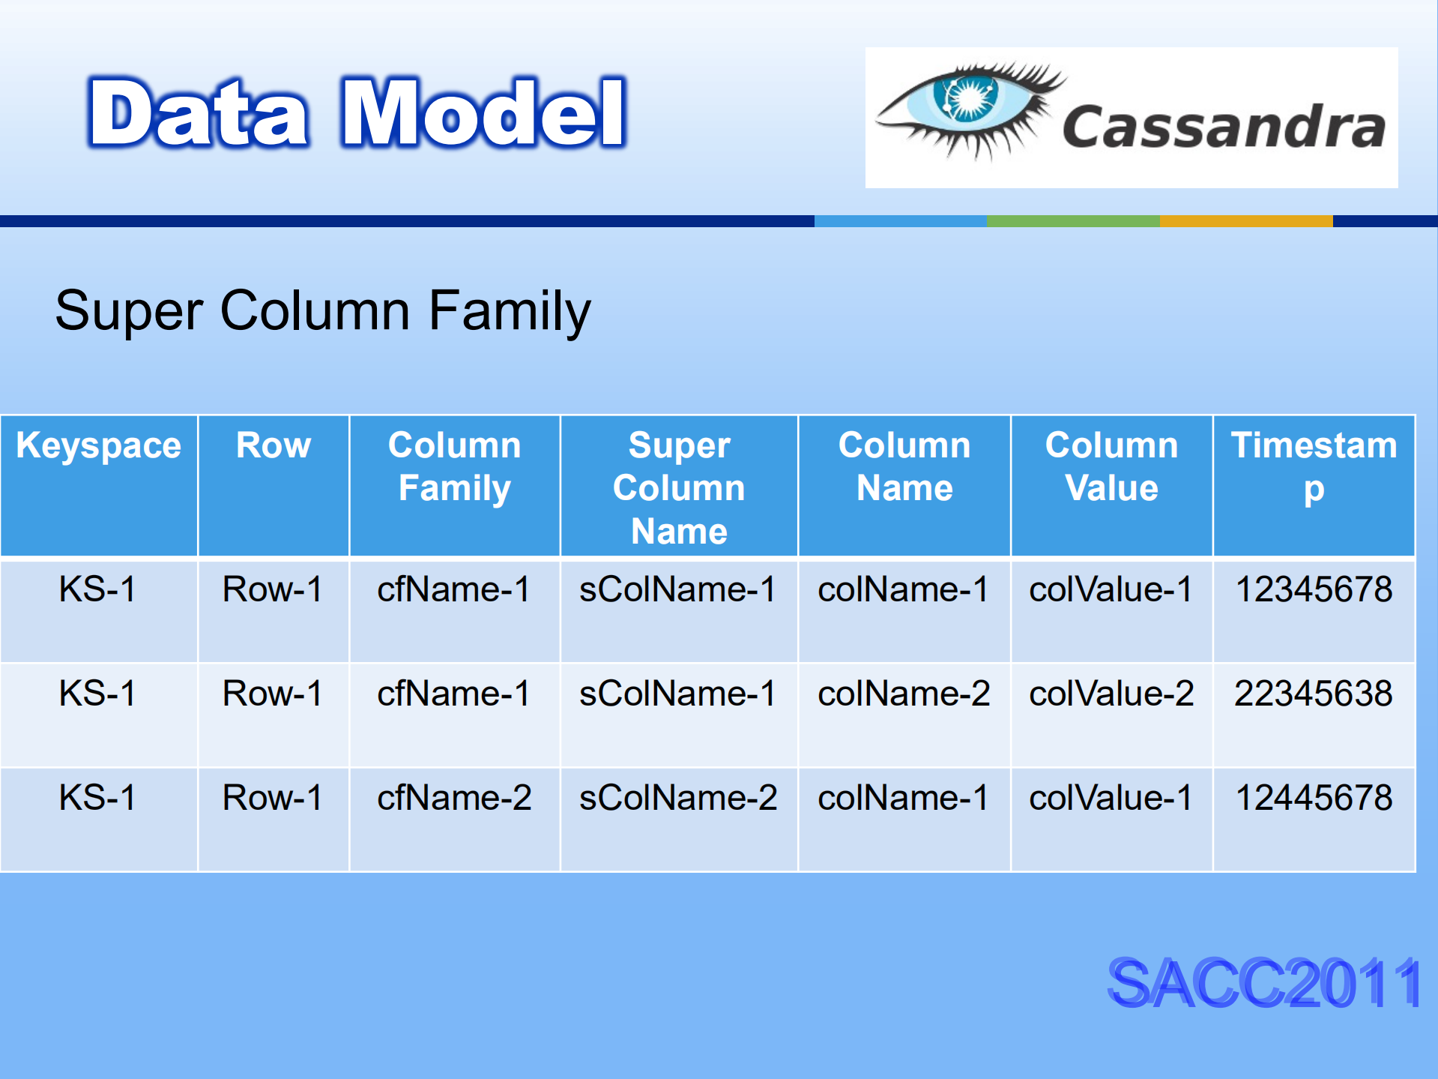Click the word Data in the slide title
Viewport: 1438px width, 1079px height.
click(x=198, y=114)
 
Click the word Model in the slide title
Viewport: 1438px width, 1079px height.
click(x=483, y=114)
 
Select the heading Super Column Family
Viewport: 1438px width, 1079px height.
click(x=323, y=311)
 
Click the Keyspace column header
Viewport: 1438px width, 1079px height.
click(x=99, y=446)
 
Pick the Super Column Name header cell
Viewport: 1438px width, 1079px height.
click(x=679, y=487)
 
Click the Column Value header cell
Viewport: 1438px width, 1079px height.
click(x=1111, y=466)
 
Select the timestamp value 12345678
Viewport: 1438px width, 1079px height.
click(x=1313, y=589)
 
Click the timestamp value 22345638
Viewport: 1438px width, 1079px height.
click(x=1313, y=694)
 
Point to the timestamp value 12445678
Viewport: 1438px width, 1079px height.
click(x=1313, y=798)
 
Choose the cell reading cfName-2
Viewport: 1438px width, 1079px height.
click(x=454, y=798)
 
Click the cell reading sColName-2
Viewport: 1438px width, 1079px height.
click(x=678, y=798)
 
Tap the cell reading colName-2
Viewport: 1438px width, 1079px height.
click(x=904, y=694)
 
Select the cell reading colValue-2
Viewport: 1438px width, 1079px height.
click(x=1111, y=694)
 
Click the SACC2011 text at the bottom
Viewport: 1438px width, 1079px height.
click(x=1263, y=983)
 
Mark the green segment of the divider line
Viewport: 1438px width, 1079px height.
click(x=1073, y=221)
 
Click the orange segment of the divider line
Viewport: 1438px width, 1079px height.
click(x=1245, y=221)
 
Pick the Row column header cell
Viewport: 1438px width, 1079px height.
click(x=274, y=446)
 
